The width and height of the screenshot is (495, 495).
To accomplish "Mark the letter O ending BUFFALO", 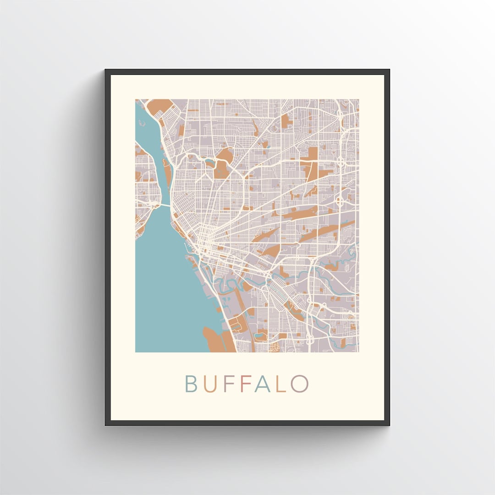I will (298, 384).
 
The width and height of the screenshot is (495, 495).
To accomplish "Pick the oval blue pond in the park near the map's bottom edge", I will (261, 336).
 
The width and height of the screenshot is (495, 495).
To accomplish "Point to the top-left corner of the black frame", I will (106, 70).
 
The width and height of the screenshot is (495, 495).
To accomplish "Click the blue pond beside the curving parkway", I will (210, 161).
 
